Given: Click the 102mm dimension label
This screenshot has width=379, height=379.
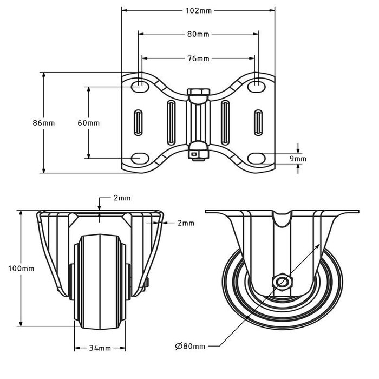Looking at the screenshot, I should pos(198,10).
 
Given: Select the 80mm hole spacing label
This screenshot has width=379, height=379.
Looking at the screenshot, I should pos(198,34).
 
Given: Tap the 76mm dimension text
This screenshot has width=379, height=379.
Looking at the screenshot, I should pos(198,58).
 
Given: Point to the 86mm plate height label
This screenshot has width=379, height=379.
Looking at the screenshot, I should pos(44,123).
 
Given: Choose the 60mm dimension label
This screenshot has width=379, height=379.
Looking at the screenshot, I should pos(88,123).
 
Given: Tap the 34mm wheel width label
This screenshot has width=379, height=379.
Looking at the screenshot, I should pos(100,348).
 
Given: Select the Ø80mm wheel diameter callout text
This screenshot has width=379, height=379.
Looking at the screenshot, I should pos(190,345).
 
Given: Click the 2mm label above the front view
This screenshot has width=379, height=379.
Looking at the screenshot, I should pos(122,198).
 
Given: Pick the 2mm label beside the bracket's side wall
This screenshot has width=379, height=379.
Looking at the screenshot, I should pos(186,223).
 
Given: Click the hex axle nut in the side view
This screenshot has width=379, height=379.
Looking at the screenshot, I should pos(282,282).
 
